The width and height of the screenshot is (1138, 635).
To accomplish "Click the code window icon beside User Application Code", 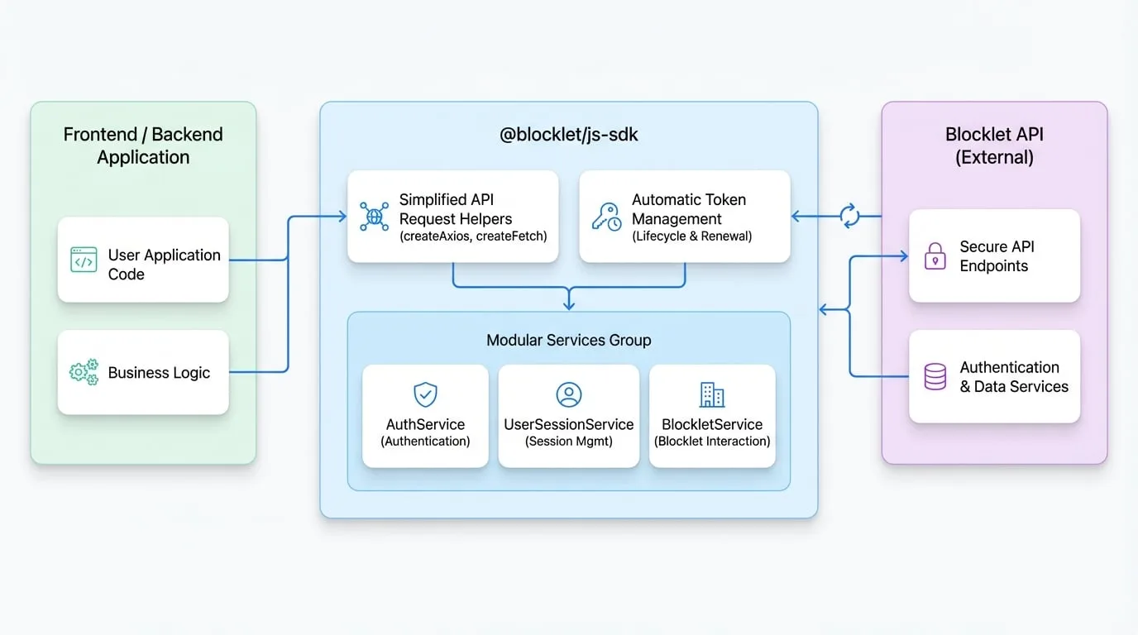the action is point(84,260).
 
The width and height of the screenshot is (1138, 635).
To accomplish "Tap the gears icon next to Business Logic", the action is point(84,372).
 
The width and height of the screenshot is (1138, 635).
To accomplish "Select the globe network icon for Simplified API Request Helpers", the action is point(375,217).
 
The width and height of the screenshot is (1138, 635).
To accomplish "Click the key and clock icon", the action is point(606,217).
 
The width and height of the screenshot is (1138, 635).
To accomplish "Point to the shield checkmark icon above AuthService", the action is point(425,394).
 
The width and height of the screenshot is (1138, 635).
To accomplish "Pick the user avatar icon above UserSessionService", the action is point(568,394).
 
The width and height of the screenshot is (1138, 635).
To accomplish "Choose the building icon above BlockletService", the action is point(712,394).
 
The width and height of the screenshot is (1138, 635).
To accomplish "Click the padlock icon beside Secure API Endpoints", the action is point(935,256).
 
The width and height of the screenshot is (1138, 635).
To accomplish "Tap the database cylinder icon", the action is point(935,376).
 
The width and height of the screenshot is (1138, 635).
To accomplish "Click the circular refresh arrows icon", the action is point(849,217).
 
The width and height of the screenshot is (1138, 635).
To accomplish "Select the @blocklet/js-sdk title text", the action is point(568,135).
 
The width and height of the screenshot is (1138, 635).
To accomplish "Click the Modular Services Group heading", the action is point(568,340).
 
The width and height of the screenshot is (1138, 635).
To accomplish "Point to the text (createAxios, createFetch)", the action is point(473,236).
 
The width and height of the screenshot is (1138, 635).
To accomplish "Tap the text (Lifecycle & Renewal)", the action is point(692,236).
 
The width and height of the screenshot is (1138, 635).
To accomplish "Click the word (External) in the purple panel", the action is point(994,157).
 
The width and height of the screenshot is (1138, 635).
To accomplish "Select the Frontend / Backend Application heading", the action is point(143,146).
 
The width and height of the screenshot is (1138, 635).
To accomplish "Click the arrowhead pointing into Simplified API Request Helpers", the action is point(342,217).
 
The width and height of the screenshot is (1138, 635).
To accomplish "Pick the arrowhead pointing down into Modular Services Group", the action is point(569,305).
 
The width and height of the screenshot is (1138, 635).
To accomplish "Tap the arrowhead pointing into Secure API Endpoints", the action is point(904,256).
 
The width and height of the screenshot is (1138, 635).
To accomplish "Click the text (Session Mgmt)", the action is point(568,441).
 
